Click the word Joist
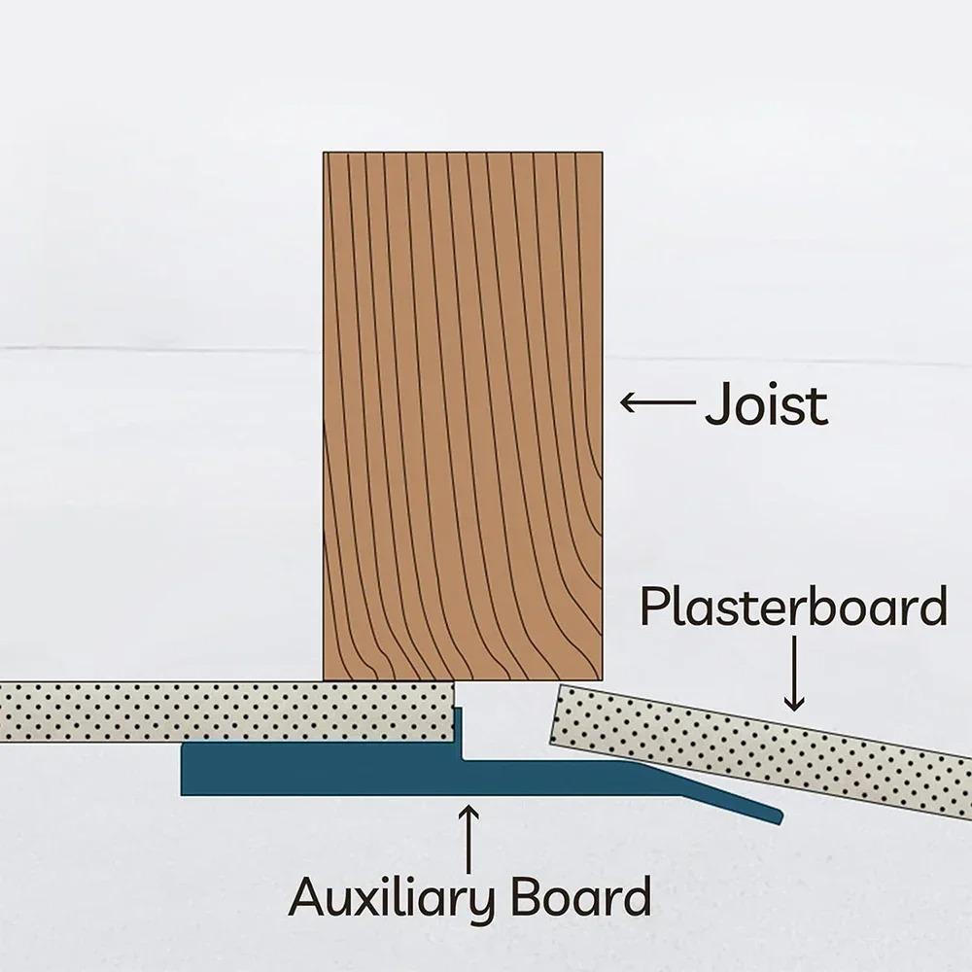766,403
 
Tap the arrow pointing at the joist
658,401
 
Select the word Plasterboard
793,606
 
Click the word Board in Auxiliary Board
581,895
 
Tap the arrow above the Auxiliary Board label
469,838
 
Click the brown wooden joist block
463,416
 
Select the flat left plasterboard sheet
226,712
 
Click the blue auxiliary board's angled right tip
780,817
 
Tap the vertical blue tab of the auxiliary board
459,732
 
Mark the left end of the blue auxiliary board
183,769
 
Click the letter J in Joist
718,404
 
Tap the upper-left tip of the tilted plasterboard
560,685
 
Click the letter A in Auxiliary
309,896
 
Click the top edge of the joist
463,152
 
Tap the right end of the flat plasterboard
454,712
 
